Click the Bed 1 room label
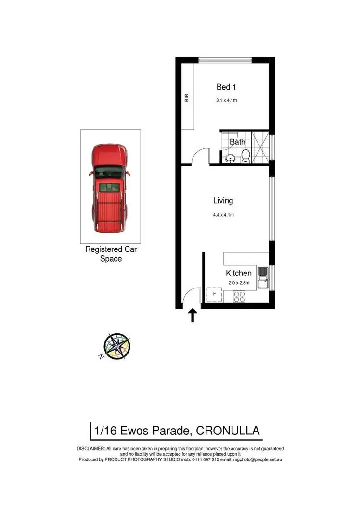(226, 87)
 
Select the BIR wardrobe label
(186, 99)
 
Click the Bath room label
(237, 142)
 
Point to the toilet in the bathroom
(245, 156)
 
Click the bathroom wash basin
(230, 158)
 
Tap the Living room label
(223, 201)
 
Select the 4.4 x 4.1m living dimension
(223, 215)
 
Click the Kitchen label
(239, 273)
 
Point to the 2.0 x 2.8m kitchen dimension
(238, 283)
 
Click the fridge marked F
(214, 294)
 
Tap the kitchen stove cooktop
(239, 297)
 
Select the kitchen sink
(263, 278)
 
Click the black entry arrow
(192, 315)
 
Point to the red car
(110, 187)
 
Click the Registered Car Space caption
(110, 254)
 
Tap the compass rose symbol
(116, 346)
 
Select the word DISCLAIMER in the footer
(90, 449)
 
